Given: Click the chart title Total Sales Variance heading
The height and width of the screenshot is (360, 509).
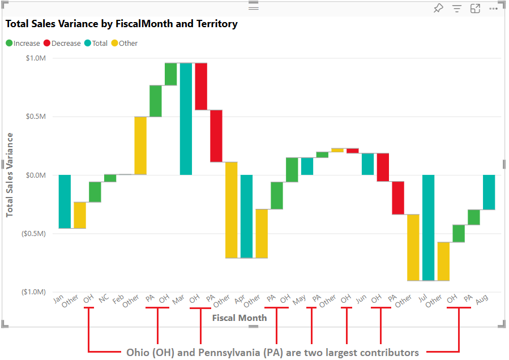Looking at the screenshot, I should pos(121,24).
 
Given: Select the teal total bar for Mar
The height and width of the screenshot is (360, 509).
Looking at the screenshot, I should pos(186,119).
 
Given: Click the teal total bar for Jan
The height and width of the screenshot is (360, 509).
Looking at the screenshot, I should pos(65,202).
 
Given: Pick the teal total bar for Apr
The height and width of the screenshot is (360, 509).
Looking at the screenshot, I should pos(246,216).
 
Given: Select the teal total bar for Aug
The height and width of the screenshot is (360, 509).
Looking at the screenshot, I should pos(489,192).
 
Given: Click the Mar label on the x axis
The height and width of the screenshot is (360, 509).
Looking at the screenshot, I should pos(178,300).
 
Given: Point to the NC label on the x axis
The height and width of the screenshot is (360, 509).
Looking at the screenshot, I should pos(103,299).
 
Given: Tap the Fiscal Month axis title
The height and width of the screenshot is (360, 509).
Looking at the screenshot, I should pos(239,318).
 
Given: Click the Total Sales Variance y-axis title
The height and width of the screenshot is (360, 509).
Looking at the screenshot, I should pos(10,175).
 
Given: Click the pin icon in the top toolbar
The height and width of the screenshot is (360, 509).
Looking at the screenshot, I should pos(438,8).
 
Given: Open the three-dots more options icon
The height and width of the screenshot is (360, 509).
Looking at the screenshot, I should pos(493,8).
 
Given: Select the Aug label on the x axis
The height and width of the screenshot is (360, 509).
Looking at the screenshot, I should pos(481,300).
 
